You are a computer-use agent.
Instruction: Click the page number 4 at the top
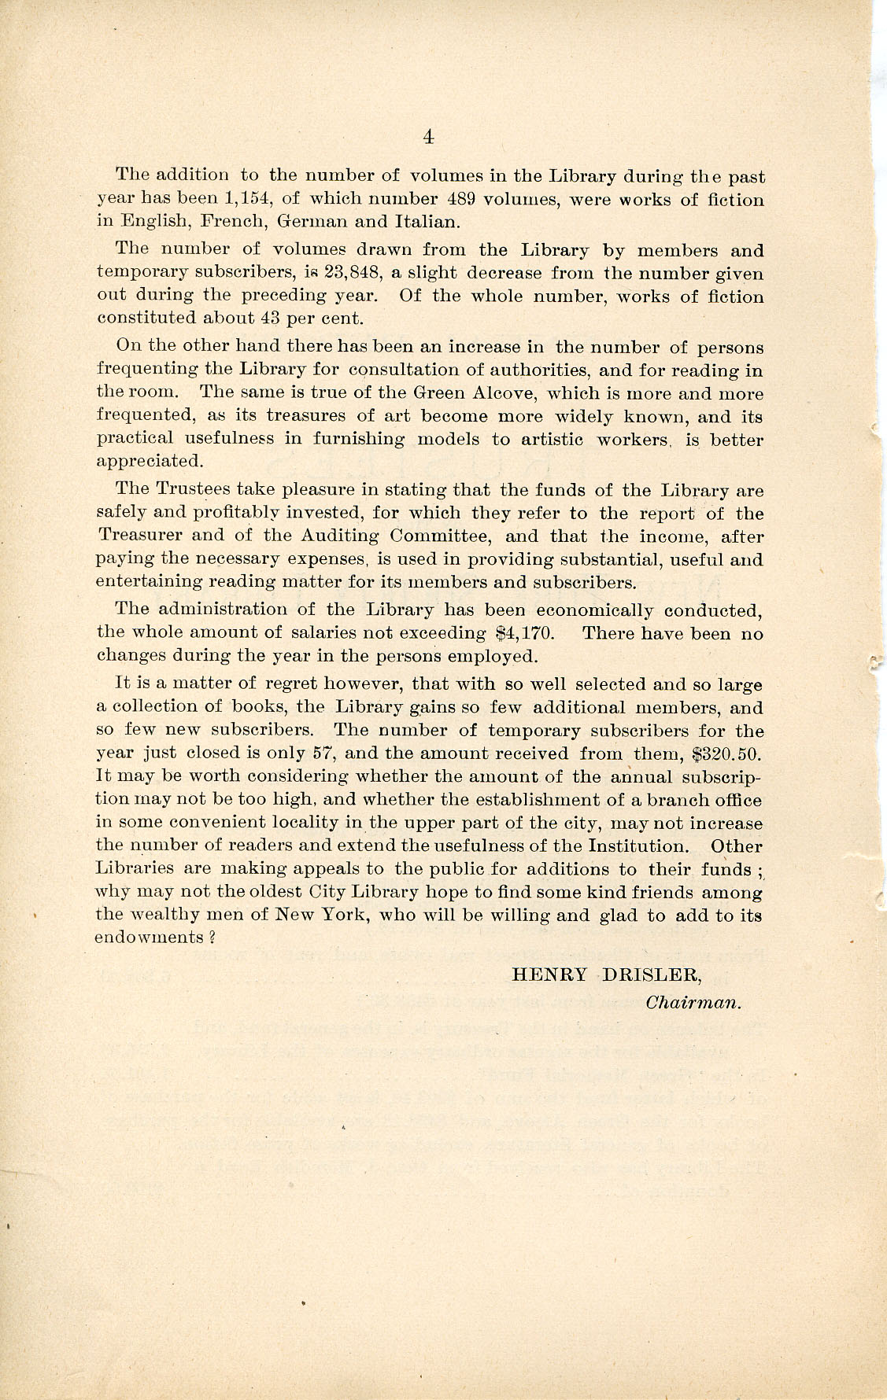[x=428, y=137]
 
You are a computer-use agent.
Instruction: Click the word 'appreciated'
[x=150, y=462]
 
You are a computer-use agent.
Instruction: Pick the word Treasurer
[x=141, y=536]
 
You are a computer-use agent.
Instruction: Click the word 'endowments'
[x=150, y=938]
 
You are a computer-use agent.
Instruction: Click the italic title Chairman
[x=693, y=1003]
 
